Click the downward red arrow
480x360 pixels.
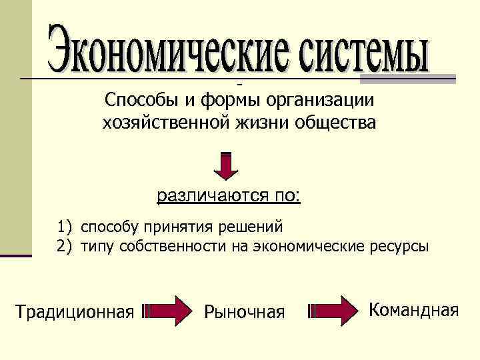point(227,166)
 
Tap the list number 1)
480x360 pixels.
point(64,227)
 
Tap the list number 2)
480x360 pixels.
point(64,247)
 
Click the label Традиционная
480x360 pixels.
point(75,311)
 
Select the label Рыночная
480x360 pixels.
point(244,311)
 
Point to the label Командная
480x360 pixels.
point(414,309)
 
